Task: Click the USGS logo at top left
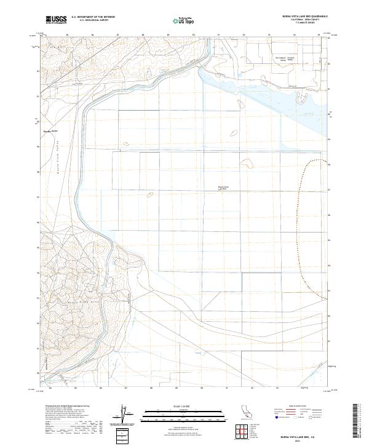(x=55, y=19)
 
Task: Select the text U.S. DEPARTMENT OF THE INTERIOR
(x=93, y=17)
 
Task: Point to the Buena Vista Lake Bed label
(x=223, y=188)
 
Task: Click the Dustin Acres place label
(x=50, y=130)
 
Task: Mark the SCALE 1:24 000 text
(x=177, y=406)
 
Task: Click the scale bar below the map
(x=177, y=416)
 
